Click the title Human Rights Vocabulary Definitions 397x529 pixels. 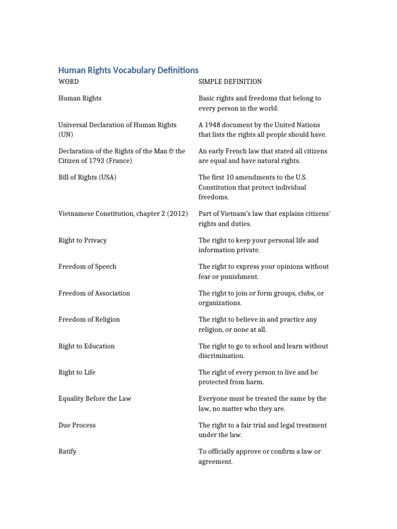coord(128,70)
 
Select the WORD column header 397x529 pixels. coord(69,82)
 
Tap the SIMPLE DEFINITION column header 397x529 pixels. coord(230,82)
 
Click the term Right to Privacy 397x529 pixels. coord(83,240)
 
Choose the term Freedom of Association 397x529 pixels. coord(94,293)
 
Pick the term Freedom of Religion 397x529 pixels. coord(89,319)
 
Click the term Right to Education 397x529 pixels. coord(86,346)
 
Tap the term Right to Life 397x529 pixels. coord(77,372)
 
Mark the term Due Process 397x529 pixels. coord(77,425)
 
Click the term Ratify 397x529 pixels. coord(68,452)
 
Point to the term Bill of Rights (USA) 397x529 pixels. coord(87,177)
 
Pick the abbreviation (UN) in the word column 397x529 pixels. coord(66,135)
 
